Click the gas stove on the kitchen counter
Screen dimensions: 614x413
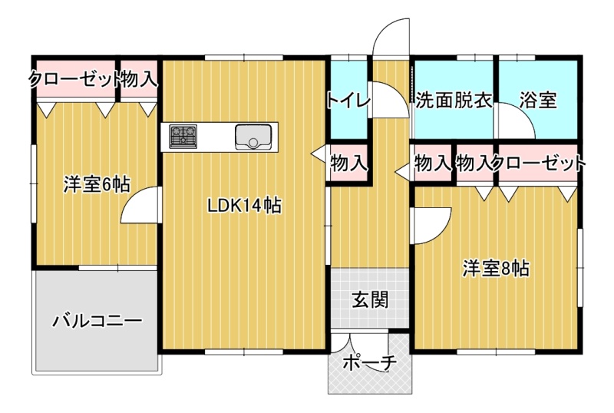coord(183,137)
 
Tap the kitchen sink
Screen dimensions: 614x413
coord(253,137)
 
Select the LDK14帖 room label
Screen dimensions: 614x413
coord(244,206)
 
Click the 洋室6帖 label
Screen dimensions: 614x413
coord(97,184)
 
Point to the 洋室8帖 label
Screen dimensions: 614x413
coord(496,269)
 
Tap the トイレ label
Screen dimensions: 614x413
coord(348,101)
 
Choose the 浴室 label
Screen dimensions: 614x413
coord(538,101)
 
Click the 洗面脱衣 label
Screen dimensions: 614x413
coord(454,101)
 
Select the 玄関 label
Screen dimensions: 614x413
coord(370,300)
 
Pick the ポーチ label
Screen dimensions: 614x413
coord(370,363)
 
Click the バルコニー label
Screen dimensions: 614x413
coord(97,322)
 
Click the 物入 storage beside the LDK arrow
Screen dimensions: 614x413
coord(349,163)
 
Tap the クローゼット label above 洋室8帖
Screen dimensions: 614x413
coord(539,163)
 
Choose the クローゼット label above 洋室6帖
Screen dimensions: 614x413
coord(74,80)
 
